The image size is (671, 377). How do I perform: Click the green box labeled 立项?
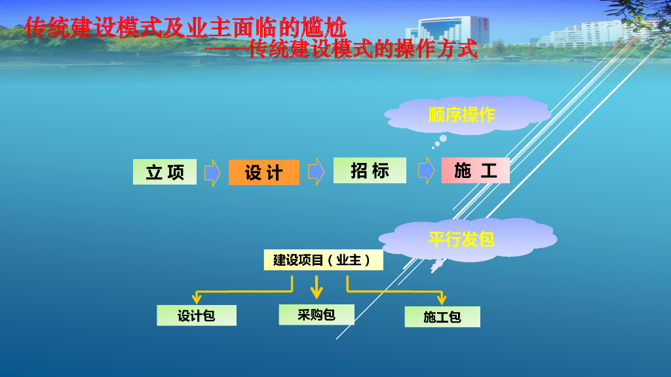pos(164,171)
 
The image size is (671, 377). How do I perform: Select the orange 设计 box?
pos(263,172)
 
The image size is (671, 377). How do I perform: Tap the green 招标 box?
pos(370,171)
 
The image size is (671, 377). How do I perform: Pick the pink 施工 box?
pos(475,171)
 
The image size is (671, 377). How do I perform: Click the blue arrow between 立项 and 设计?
pos(212,172)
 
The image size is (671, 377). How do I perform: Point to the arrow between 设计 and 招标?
pos(316,171)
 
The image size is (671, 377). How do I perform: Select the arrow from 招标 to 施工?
pos(427,171)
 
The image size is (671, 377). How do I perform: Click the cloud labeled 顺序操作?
pos(462,115)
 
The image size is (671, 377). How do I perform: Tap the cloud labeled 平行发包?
pos(461,239)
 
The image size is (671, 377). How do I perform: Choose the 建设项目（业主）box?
pos(323,260)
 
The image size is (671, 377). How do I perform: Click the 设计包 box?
pos(196,315)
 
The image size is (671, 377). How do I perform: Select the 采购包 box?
pos(316,314)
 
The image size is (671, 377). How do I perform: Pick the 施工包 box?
pos(442,317)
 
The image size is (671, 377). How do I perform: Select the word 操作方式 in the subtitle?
pos(436,49)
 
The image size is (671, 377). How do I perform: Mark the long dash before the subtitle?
pos(227,49)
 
